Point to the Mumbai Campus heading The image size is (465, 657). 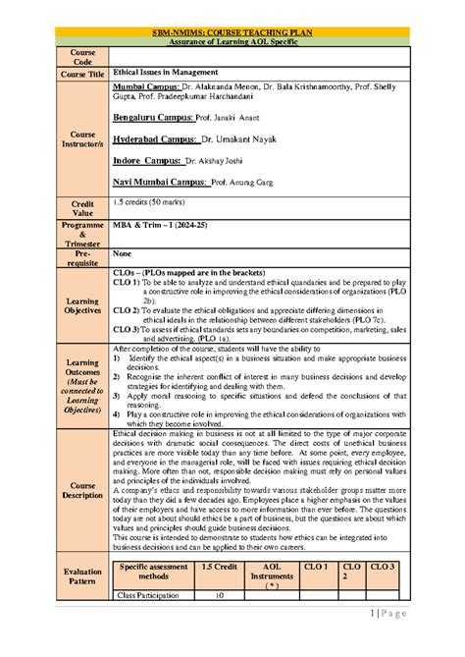pyautogui.click(x=148, y=87)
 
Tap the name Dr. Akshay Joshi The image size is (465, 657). pyautogui.click(x=219, y=159)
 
